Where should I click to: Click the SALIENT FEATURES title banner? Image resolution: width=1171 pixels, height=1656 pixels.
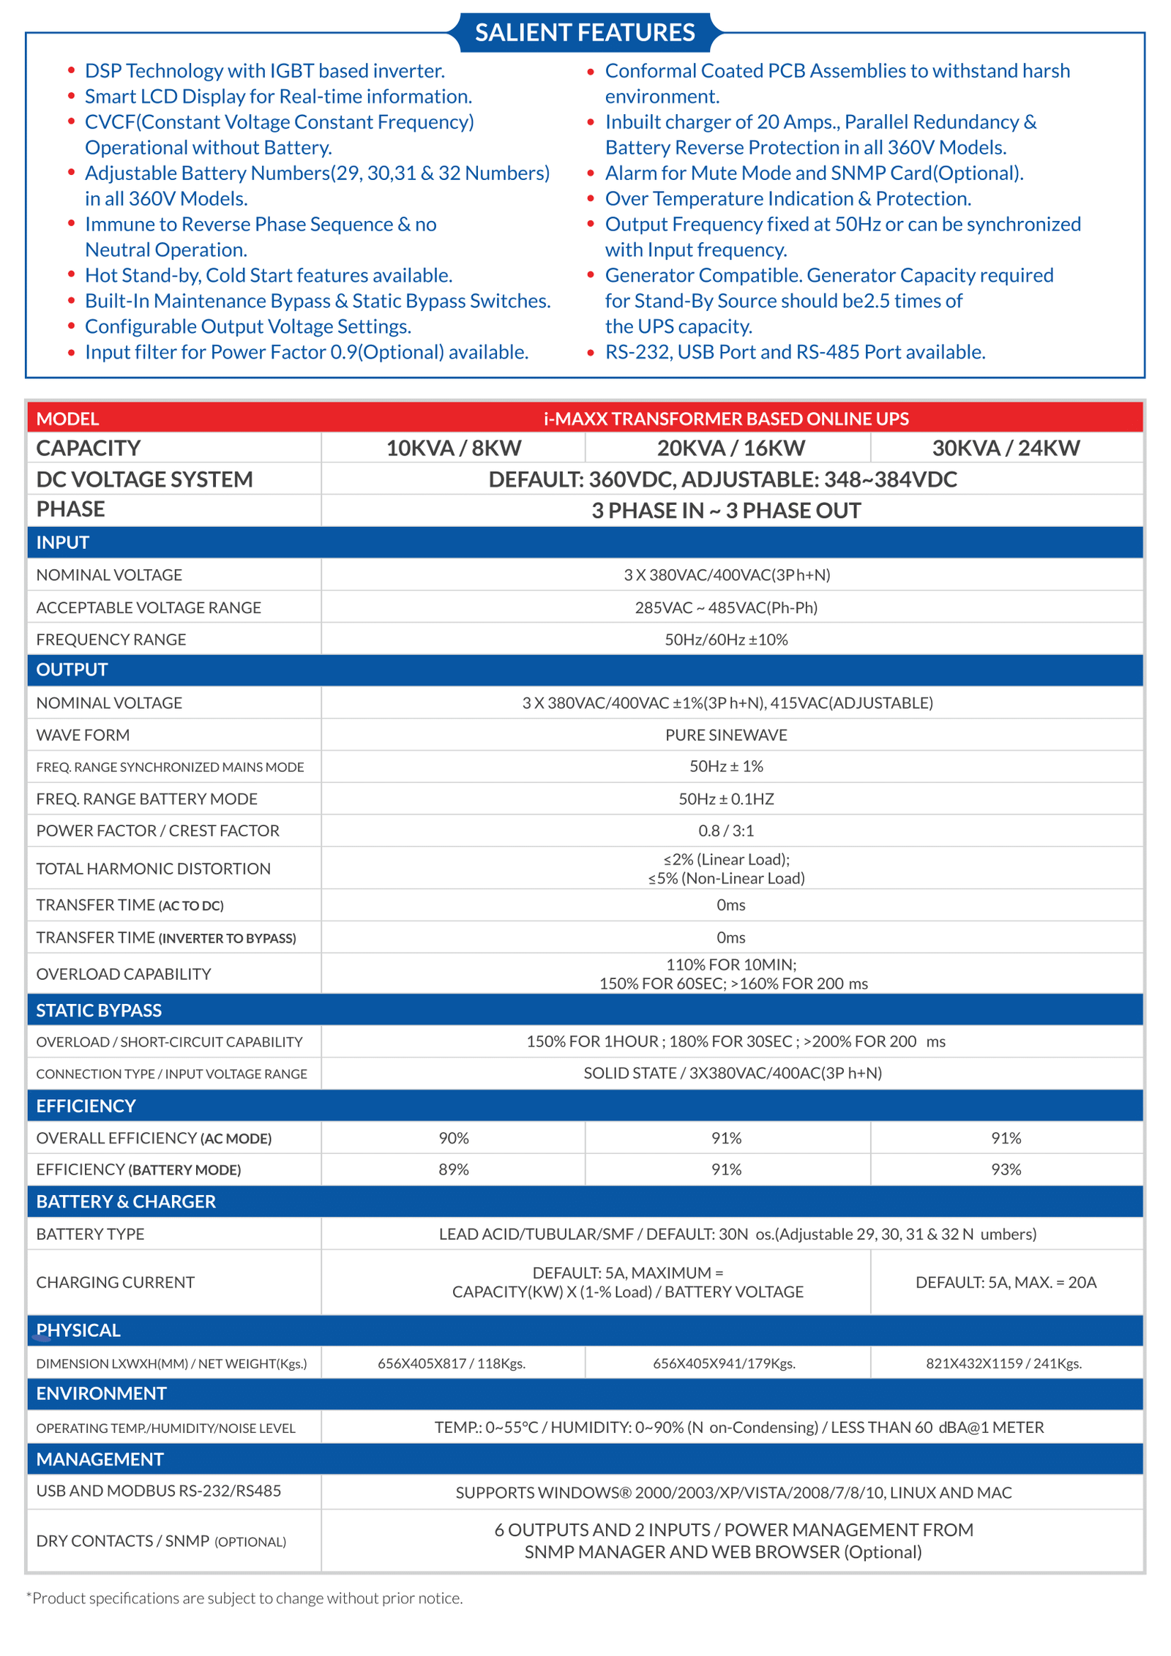tap(585, 32)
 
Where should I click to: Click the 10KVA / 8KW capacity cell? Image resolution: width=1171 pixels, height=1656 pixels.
tap(453, 448)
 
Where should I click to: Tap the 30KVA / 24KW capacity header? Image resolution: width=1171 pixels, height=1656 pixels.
tap(1006, 448)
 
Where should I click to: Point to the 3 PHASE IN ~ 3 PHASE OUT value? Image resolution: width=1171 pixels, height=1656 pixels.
tap(726, 510)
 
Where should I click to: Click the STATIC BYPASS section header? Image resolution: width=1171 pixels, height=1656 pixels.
tap(99, 1010)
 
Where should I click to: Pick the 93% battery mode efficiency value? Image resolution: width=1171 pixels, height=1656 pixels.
tap(1006, 1169)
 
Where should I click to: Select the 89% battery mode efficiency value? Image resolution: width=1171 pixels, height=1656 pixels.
tap(453, 1169)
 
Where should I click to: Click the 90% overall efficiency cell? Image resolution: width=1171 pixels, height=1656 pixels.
tap(453, 1138)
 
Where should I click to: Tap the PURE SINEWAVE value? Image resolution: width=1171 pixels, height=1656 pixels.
tap(726, 735)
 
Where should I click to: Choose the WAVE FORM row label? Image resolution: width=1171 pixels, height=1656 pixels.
tap(83, 735)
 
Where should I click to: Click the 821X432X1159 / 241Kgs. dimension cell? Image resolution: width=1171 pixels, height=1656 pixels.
tap(1003, 1363)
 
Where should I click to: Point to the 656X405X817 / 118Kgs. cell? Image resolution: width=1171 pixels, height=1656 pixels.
tap(452, 1363)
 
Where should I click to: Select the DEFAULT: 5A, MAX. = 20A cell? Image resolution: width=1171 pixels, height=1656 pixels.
tap(1006, 1282)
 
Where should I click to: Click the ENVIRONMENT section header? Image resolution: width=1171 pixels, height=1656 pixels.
tap(101, 1393)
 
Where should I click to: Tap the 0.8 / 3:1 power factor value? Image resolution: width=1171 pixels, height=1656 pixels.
tap(726, 831)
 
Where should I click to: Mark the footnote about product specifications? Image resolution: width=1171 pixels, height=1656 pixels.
tap(244, 1598)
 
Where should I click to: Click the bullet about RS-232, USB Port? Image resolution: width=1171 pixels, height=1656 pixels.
tap(795, 352)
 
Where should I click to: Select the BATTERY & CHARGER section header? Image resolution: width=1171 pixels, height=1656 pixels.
tap(126, 1202)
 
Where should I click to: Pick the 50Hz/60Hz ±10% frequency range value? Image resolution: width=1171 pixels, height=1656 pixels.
tap(726, 640)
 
